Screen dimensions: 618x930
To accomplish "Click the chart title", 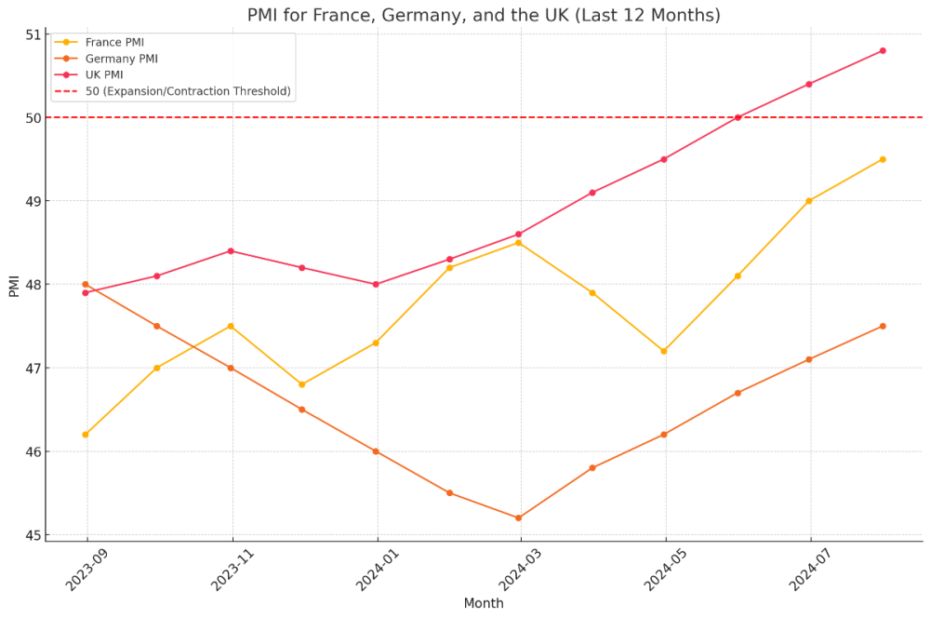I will [x=484, y=16].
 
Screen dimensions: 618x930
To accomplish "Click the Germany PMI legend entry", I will [x=121, y=59].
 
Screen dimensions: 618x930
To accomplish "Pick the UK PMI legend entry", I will [x=103, y=74].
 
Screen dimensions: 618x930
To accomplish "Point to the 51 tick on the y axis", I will [x=33, y=35].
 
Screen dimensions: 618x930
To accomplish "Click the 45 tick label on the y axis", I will [x=33, y=535].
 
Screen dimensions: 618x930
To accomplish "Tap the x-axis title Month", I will [x=484, y=603].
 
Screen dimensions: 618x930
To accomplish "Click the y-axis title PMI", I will [x=14, y=285].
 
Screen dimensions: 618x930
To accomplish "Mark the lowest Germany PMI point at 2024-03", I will [x=518, y=517].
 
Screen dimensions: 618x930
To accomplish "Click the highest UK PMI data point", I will [x=883, y=50].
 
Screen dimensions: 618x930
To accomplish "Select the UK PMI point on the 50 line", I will [x=737, y=117].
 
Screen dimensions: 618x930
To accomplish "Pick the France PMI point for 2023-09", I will [x=86, y=435].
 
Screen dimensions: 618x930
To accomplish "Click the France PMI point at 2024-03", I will [x=518, y=243].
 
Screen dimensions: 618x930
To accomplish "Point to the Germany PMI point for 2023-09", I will [x=86, y=284].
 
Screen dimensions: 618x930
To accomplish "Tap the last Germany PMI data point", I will [x=883, y=326].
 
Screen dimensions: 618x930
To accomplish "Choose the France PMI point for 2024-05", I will [x=664, y=351].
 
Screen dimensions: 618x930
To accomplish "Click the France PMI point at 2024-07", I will [x=809, y=201].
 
